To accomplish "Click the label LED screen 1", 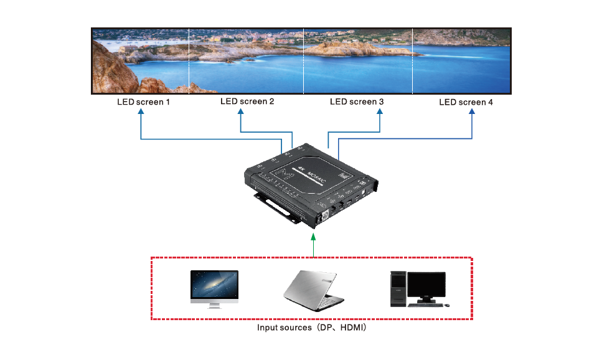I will pos(143,102).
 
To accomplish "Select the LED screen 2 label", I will pos(247,101).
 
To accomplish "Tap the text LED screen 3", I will pos(357,102).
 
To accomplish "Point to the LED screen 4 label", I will pos(466,102).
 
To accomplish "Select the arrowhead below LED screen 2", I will pos(241,113).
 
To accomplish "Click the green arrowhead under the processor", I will pos(313,236).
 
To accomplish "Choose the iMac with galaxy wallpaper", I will pos(214,285).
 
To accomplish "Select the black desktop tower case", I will pos(398,289).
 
